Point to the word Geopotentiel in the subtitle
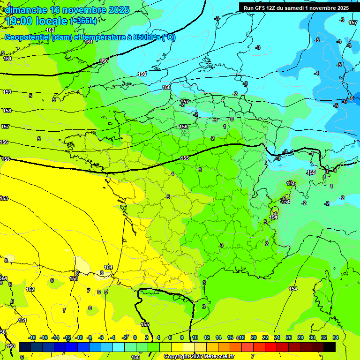(27, 37)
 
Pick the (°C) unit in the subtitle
(169, 37)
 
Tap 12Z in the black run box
(273, 8)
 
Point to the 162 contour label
(51, 30)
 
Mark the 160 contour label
(104, 61)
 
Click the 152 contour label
(30, 289)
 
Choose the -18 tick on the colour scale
(32, 337)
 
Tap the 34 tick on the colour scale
(336, 337)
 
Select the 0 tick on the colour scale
(135, 337)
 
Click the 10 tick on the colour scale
(195, 337)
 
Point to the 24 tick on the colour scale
(277, 337)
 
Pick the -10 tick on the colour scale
(79, 337)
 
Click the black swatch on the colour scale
(330, 347)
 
